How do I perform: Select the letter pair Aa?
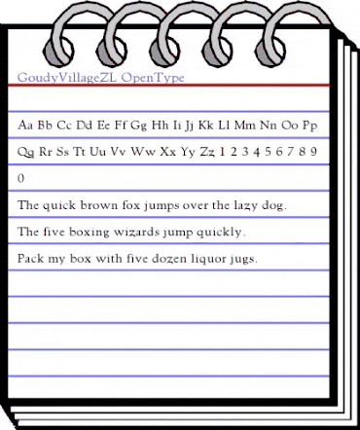[28, 126]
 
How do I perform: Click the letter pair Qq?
[28, 153]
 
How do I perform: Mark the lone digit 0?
[22, 180]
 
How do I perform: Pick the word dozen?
[156, 260]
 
